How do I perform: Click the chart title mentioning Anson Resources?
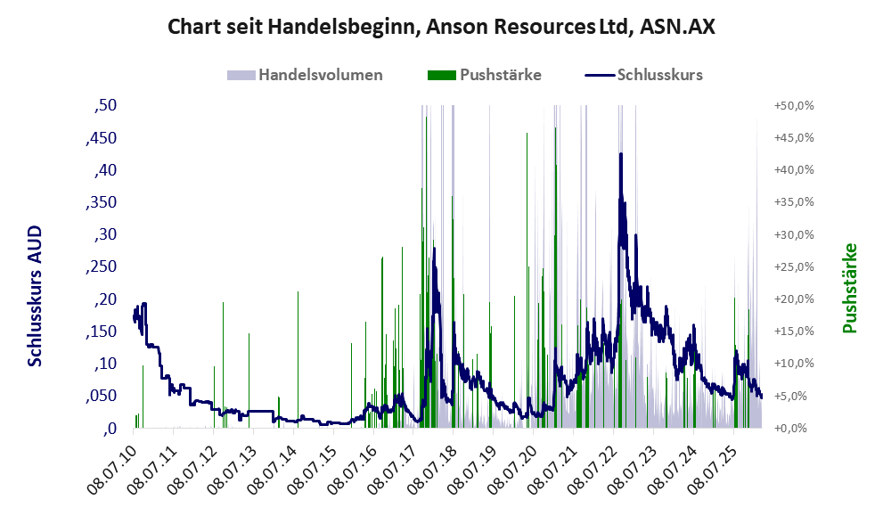441,28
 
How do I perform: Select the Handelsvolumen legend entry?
319,75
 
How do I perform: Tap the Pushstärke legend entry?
500,75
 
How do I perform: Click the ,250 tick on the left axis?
102,266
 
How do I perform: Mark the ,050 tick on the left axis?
102,396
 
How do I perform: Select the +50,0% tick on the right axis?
792,105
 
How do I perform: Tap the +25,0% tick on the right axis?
792,266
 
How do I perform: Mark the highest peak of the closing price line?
620,154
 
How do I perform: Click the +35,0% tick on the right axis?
792,202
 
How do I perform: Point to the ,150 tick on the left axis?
102,332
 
